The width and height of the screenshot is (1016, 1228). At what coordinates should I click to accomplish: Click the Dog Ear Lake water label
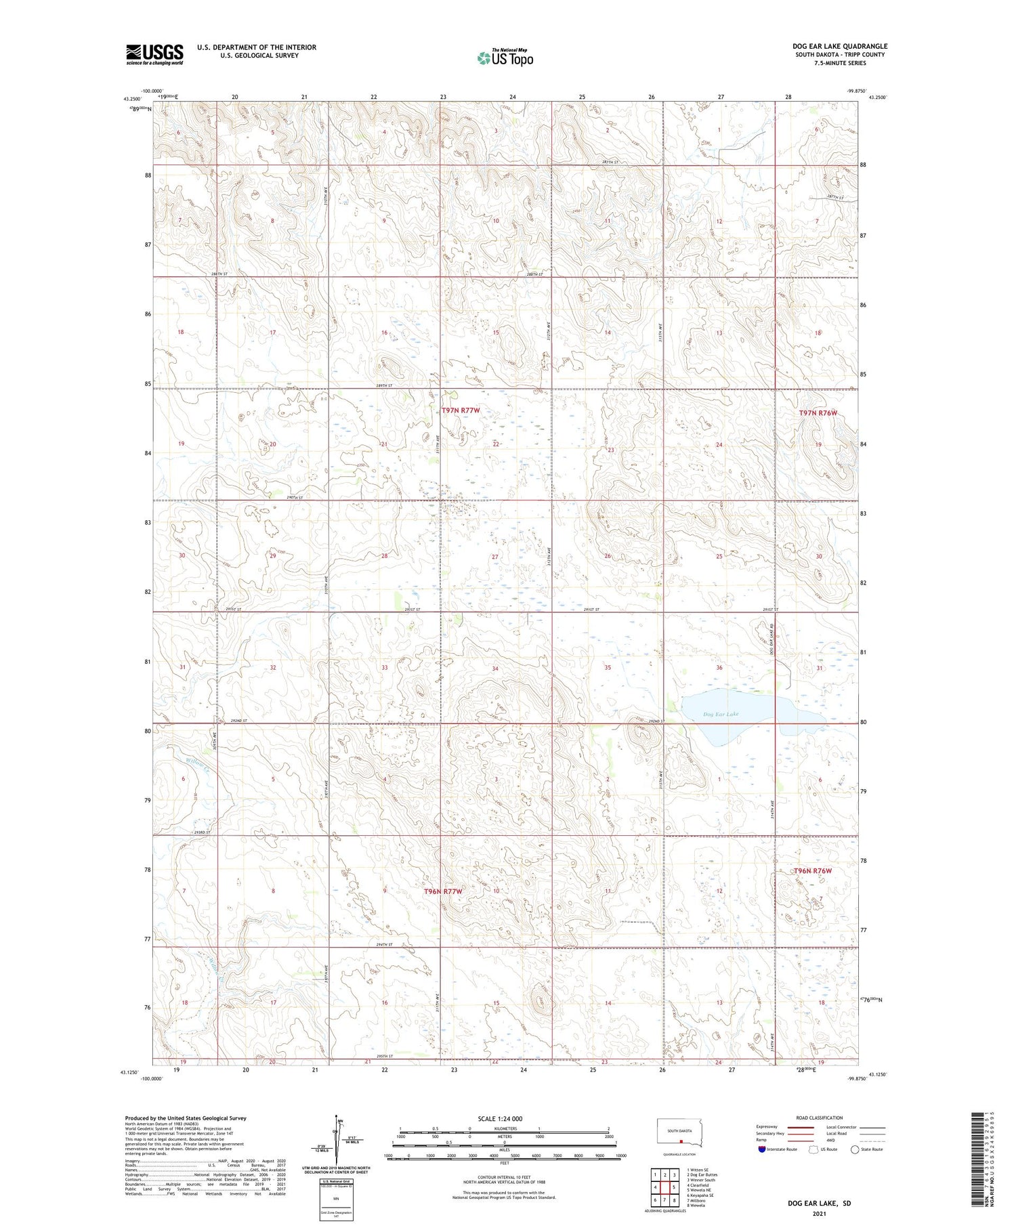point(721,714)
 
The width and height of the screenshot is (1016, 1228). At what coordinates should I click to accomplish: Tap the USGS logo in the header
point(154,54)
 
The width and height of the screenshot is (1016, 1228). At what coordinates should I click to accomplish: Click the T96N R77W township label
point(443,891)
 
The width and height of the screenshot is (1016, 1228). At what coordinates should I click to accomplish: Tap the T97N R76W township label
point(818,413)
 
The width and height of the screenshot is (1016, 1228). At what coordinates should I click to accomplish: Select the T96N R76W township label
point(813,871)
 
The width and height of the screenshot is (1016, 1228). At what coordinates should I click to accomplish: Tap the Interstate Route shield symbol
point(762,1149)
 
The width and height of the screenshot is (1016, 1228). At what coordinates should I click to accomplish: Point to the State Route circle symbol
point(855,1149)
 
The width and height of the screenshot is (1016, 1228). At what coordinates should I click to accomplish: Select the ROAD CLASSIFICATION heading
point(820,1118)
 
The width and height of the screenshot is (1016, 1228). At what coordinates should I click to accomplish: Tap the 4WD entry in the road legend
point(832,1140)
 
